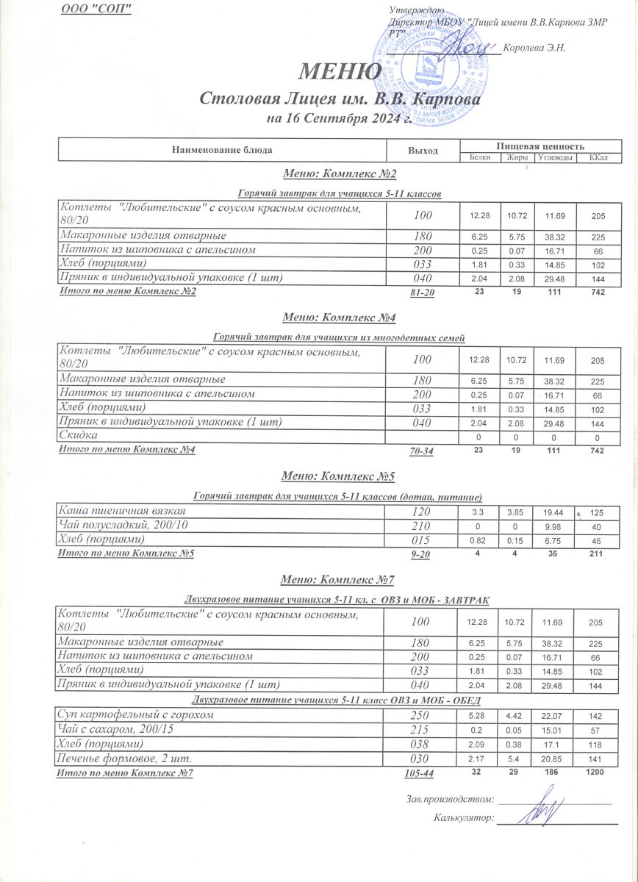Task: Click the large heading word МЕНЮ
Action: click(340, 72)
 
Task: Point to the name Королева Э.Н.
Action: click(541, 48)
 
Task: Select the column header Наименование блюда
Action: click(222, 150)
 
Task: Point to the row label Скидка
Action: click(77, 437)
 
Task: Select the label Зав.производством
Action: click(447, 799)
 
